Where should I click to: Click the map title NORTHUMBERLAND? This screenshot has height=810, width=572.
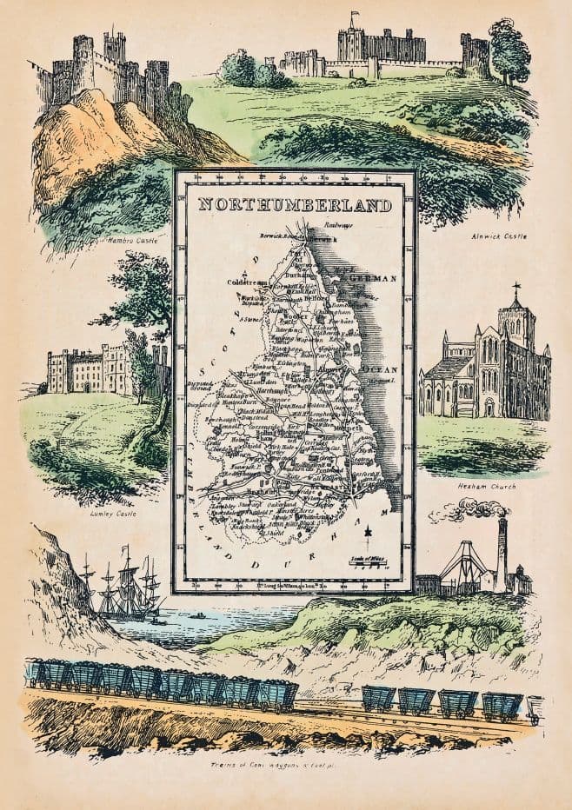293,206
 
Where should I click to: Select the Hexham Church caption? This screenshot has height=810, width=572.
486,487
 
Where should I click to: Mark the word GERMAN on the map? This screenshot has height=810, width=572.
371,278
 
